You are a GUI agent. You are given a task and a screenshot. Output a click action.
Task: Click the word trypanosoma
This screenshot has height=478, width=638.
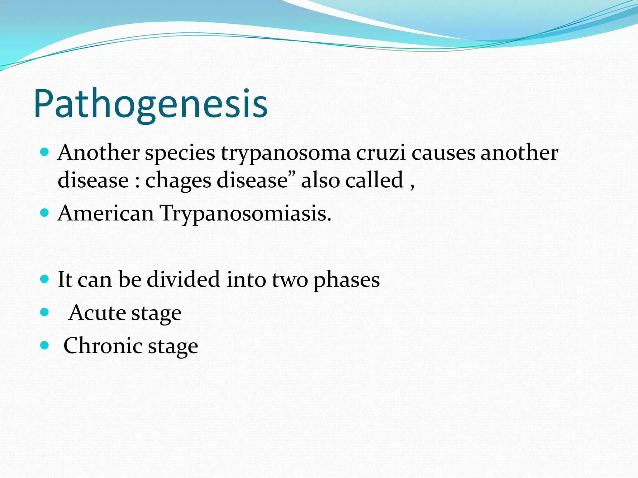point(286,153)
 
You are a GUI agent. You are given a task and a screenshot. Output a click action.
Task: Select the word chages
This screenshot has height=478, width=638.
point(178,181)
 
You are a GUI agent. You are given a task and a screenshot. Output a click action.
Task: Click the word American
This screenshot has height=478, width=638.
point(106,213)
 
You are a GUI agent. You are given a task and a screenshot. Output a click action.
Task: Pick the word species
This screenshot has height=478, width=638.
point(180,153)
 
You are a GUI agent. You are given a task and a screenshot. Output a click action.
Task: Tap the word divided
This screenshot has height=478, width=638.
point(183,279)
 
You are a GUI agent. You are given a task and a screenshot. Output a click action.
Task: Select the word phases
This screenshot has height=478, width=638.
point(346,280)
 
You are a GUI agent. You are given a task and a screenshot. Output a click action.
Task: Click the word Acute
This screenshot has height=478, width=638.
point(97,312)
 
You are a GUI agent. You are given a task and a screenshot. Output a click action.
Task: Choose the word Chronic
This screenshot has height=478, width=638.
point(102,346)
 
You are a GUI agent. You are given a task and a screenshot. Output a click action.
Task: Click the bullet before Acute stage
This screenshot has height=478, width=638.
point(45,312)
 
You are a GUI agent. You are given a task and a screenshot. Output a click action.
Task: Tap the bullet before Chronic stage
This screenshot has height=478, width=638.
point(45,345)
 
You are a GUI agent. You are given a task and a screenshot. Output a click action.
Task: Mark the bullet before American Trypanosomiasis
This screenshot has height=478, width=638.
point(45,213)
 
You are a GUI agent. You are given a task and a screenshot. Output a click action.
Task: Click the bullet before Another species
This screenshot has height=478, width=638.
point(45,152)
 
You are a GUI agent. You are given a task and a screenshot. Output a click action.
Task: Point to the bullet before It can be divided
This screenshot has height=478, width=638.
point(45,279)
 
